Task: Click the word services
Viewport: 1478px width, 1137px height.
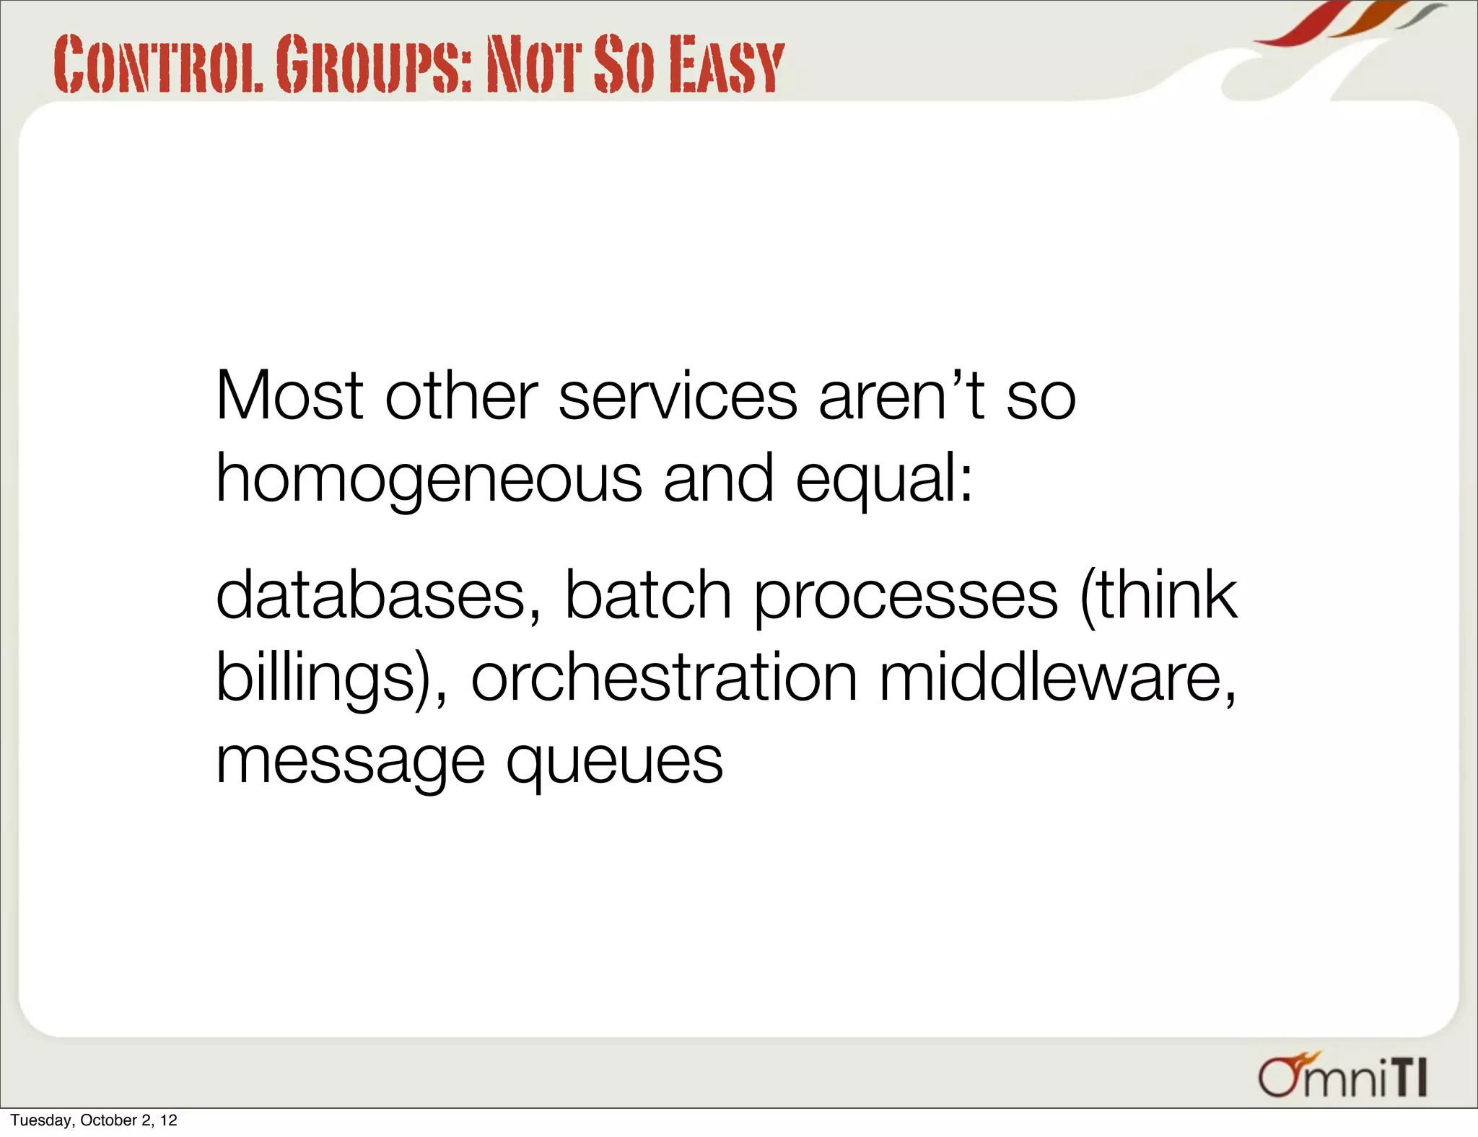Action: [678, 396]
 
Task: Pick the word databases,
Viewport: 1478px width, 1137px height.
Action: [379, 596]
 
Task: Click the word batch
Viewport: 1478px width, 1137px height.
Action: [647, 594]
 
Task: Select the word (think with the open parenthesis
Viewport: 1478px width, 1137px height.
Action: [1158, 596]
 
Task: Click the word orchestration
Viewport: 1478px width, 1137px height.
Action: [664, 677]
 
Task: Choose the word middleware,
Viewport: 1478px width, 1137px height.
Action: [1058, 679]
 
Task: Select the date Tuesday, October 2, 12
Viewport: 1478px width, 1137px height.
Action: [94, 1120]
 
